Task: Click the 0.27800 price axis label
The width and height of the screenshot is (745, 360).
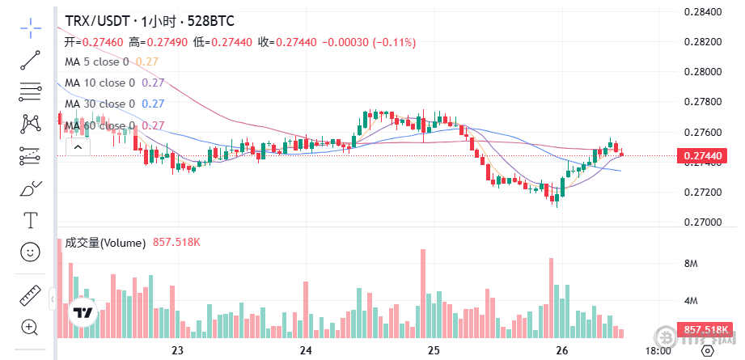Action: point(702,102)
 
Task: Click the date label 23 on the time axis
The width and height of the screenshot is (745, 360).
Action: point(179,350)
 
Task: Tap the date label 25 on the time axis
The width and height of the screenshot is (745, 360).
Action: point(434,350)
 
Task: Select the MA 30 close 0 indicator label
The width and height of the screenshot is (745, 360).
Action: point(99,104)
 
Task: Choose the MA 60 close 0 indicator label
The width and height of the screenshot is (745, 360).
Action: point(99,125)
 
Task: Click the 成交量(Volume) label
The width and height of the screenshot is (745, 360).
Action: point(105,243)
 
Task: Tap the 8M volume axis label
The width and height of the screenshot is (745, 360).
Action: point(692,264)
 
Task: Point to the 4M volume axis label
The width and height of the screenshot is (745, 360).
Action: point(692,301)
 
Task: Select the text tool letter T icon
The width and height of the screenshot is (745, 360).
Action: point(31,220)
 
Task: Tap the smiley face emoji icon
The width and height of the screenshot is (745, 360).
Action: point(31,252)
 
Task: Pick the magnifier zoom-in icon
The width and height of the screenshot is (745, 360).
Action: point(31,327)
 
